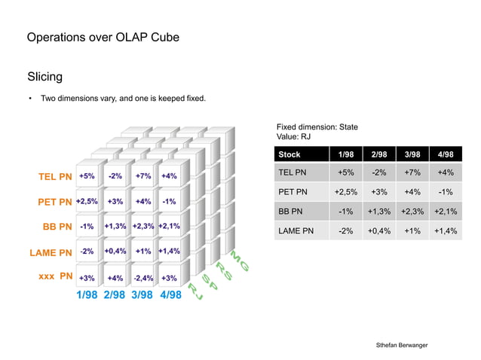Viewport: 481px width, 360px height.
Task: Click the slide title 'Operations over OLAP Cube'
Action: pos(103,38)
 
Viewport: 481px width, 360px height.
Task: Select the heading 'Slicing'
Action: pos(44,77)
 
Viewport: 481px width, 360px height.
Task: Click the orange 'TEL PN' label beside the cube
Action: pos(55,177)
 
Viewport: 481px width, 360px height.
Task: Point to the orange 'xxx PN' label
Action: pos(55,276)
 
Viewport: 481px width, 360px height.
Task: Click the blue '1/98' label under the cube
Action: pos(87,295)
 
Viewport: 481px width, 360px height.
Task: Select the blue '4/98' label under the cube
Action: pos(170,295)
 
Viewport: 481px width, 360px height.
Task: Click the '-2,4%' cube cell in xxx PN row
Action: pos(142,278)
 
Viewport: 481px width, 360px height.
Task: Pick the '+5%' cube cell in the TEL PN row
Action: pos(87,176)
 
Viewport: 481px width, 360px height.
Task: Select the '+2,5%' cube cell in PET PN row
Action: pos(87,202)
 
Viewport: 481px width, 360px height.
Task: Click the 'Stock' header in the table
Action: pos(290,154)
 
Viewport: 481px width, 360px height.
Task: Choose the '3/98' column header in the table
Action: pos(412,154)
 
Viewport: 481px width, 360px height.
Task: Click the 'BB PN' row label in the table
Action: pos(290,212)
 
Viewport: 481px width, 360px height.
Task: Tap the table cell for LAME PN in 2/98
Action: pos(379,231)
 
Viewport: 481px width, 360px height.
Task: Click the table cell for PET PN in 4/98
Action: pos(445,192)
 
